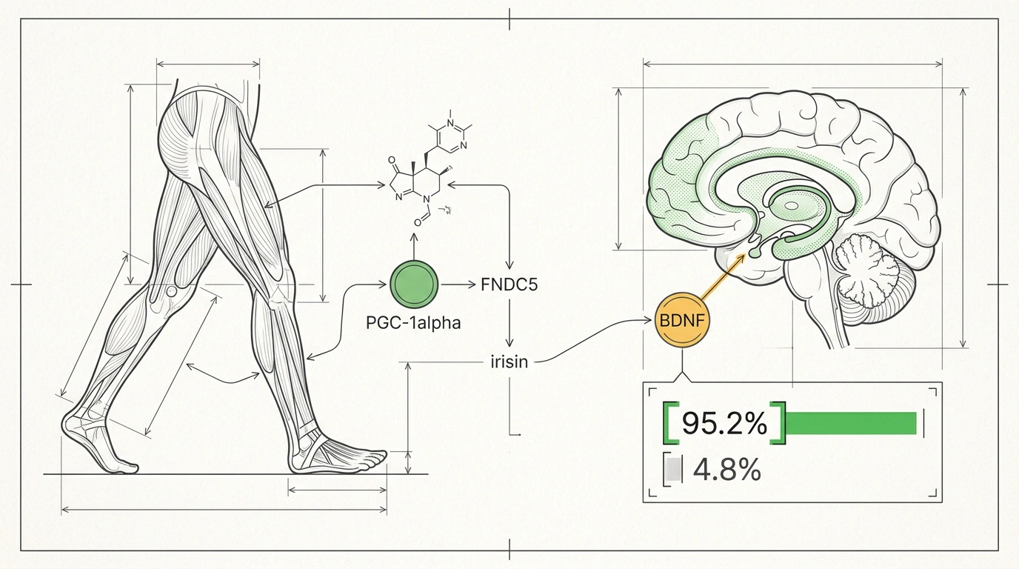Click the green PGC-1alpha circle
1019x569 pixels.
(x=414, y=284)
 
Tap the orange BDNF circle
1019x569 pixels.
(x=681, y=320)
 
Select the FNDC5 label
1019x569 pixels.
(x=509, y=285)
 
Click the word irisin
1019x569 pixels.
(x=509, y=362)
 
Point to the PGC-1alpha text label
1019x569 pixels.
(x=413, y=323)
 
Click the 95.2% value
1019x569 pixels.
(x=725, y=423)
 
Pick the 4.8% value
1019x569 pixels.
(x=726, y=469)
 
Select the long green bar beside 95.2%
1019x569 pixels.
(x=851, y=423)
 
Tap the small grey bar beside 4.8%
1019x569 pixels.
(x=673, y=469)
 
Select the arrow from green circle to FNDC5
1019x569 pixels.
(x=457, y=285)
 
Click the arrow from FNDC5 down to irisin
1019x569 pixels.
(x=509, y=323)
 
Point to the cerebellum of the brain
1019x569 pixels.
(x=869, y=267)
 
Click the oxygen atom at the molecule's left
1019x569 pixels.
(x=391, y=160)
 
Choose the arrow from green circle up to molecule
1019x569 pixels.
(x=414, y=246)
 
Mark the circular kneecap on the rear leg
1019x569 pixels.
(x=172, y=291)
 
